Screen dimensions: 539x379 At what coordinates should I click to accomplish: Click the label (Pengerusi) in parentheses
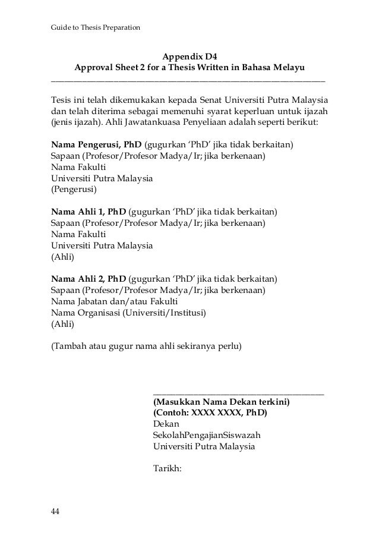tap(74, 190)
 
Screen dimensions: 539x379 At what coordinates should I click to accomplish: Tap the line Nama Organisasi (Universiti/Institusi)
tap(131, 313)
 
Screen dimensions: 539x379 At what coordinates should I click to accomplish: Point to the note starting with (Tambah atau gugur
tap(146, 345)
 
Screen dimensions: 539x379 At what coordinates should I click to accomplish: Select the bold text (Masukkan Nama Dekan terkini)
tap(221, 402)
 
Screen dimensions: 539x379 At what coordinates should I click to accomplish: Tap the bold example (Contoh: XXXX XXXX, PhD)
tap(210, 413)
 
